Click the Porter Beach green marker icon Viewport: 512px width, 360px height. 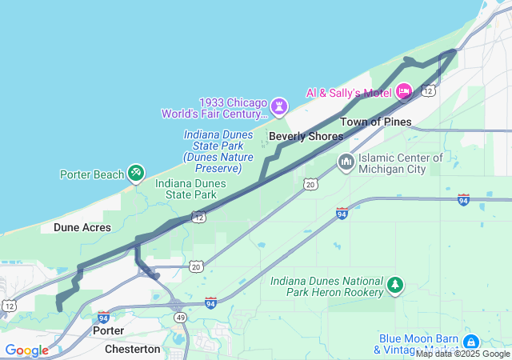point(136,174)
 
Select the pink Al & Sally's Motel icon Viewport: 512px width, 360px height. point(404,92)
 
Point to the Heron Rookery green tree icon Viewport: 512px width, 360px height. point(394,286)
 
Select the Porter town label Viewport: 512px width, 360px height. point(108,330)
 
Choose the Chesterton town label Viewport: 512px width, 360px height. point(132,350)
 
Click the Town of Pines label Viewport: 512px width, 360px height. point(375,122)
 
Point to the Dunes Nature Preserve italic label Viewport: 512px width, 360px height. point(212,151)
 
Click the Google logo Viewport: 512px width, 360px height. point(26,350)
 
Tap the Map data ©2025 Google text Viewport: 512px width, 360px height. point(462,354)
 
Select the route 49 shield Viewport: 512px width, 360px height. point(181,318)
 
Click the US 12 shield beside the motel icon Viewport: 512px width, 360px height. point(429,91)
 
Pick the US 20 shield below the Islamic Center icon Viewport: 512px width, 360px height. point(310,185)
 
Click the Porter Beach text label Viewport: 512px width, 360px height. point(92,174)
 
